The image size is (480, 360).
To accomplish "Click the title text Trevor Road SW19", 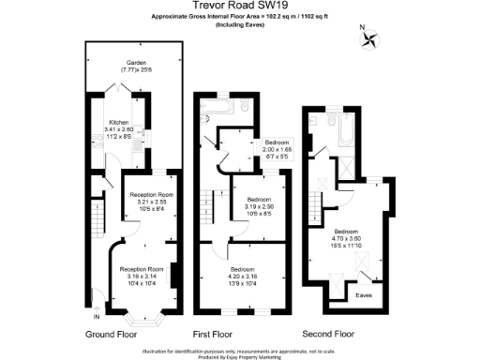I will coord(240,6).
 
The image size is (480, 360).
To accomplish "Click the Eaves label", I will coord(365,294).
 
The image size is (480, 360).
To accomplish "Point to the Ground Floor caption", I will coord(114,334).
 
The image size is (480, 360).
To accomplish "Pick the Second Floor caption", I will coord(329,334).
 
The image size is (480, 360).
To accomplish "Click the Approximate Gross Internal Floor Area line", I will coord(240,17).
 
